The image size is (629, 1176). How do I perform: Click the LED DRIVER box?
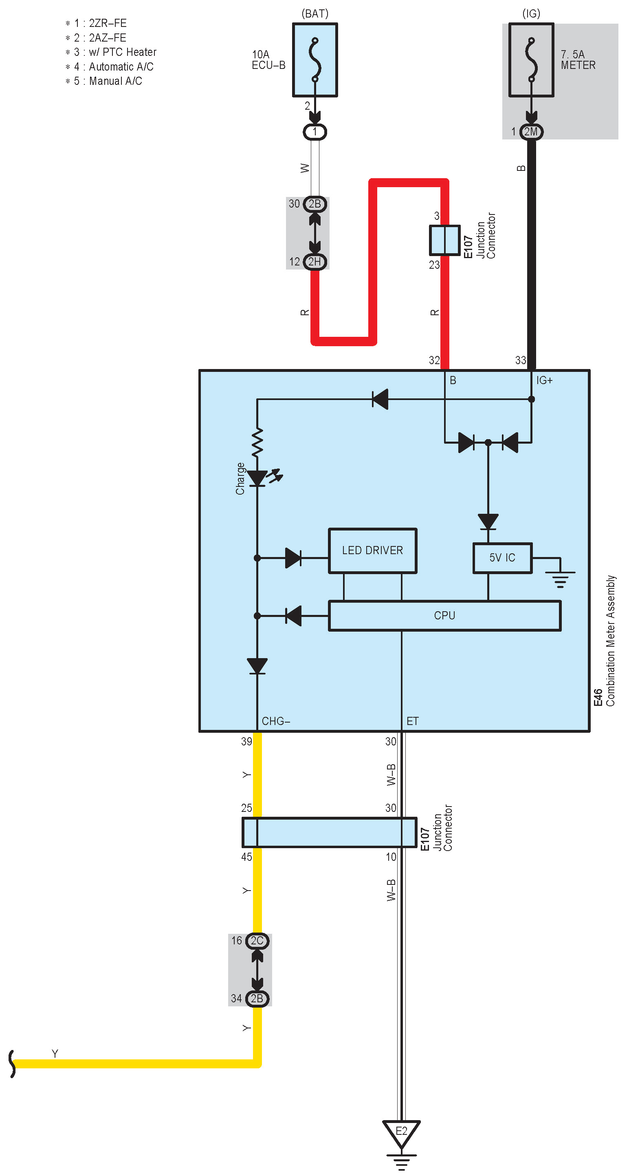pos(372,550)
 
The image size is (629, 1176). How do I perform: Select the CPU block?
pos(444,615)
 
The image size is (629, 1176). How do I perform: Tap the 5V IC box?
pos(502,557)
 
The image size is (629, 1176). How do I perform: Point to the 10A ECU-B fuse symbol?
pos(315,60)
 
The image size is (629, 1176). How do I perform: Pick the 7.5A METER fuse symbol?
pos(531,60)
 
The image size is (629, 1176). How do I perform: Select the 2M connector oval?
pos(531,132)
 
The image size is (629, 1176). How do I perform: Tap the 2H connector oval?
pos(315,262)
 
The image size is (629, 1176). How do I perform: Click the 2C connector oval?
pos(257,940)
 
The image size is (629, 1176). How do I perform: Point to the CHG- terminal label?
pos(276,721)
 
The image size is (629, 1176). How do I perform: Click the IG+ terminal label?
pos(544,380)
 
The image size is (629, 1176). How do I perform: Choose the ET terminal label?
pos(412,721)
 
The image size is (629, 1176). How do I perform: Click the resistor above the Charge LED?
pos(257,442)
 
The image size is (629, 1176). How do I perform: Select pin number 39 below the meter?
pos(246,741)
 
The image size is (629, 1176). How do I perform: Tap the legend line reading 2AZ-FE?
pos(100,38)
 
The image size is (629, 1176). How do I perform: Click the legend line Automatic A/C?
pos(114,66)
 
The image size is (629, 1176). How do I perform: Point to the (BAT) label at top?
pos(315,14)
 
